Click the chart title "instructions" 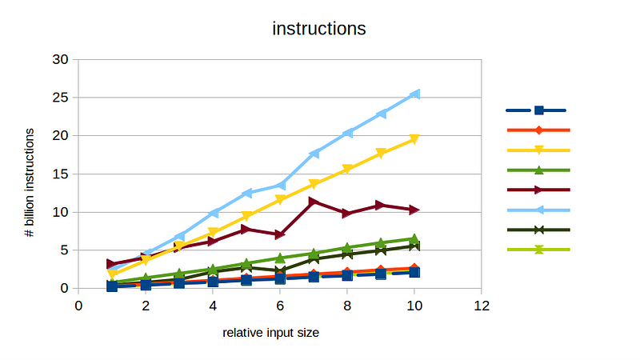[x=319, y=29]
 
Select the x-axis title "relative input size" [x=270, y=333]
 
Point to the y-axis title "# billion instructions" [x=29, y=174]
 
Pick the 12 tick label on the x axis [x=482, y=306]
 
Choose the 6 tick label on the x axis [x=280, y=306]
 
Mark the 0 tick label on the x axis [x=78, y=306]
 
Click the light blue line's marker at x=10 [x=414, y=94]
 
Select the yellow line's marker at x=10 [x=414, y=139]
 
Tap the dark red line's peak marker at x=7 [x=314, y=202]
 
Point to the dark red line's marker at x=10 [x=414, y=210]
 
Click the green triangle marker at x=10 [x=414, y=238]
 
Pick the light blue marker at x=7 [x=314, y=153]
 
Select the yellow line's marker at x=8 [x=347, y=169]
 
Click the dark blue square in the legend [x=538, y=110]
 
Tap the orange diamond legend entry [x=538, y=130]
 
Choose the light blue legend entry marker [x=538, y=210]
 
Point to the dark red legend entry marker [x=538, y=190]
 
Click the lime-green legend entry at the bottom [x=538, y=250]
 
